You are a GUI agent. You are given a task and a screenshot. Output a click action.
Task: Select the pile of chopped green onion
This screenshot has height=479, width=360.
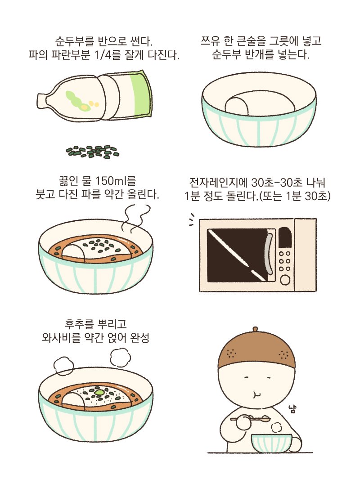[x=93, y=152]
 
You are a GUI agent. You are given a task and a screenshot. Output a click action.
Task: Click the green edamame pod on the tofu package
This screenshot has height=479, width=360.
[x=77, y=99]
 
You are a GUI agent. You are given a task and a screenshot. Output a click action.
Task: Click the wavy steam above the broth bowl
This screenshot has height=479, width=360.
[x=135, y=218]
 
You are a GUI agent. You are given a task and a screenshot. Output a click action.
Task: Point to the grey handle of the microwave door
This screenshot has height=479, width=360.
[x=269, y=253]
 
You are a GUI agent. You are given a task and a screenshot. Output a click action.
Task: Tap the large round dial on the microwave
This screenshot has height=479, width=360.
[x=285, y=279]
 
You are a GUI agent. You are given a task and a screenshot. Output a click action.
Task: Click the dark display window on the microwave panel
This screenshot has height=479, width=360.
[x=284, y=237]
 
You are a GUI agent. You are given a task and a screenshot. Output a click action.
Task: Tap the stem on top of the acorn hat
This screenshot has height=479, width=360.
[x=256, y=329]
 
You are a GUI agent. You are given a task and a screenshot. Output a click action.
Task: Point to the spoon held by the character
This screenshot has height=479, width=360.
[x=250, y=419]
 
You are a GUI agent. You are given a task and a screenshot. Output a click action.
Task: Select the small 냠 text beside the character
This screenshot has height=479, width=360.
[x=292, y=409]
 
